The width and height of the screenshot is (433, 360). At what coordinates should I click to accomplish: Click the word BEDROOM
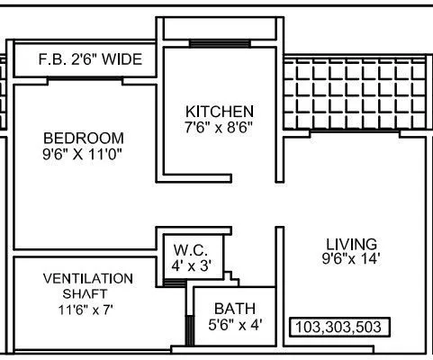click(x=83, y=138)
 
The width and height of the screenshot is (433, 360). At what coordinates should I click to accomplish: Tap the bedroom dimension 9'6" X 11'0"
click(x=83, y=154)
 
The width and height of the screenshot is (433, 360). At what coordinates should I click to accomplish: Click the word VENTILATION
click(x=88, y=277)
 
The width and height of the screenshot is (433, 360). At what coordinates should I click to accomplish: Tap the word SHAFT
click(x=88, y=293)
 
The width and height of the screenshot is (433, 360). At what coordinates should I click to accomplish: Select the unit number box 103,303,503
click(x=340, y=326)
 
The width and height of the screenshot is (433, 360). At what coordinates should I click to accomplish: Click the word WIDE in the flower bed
click(x=121, y=60)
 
